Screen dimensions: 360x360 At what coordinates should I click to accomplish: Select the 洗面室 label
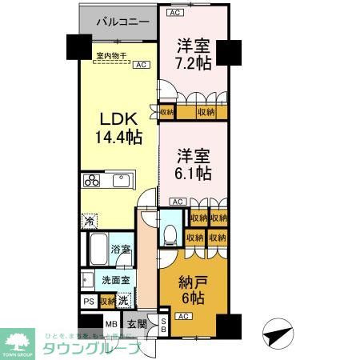pos(117,281)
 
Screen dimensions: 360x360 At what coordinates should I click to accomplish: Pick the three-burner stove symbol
pos(90,180)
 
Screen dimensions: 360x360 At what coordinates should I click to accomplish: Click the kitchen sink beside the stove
pos(122,181)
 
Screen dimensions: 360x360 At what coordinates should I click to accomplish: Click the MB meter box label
pos(111,325)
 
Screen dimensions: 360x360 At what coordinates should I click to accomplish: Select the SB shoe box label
pos(164,325)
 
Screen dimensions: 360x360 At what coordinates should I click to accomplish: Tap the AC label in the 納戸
pos(182,317)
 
